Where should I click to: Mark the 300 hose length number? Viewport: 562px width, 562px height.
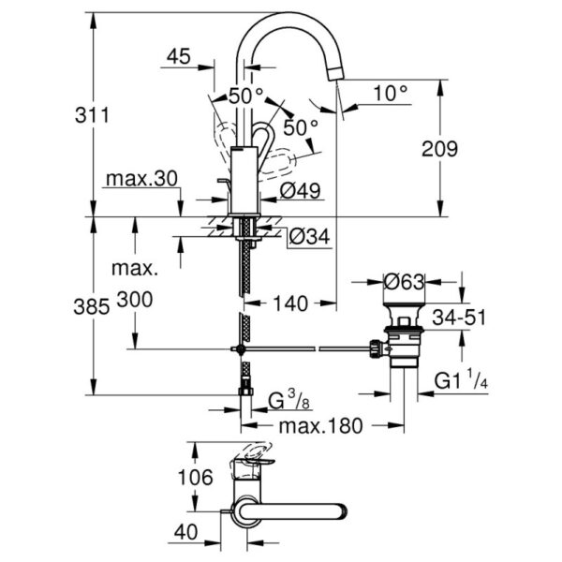[133, 303]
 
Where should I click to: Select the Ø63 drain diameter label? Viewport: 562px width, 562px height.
[405, 279]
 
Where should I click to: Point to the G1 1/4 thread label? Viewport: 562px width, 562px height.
[460, 381]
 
